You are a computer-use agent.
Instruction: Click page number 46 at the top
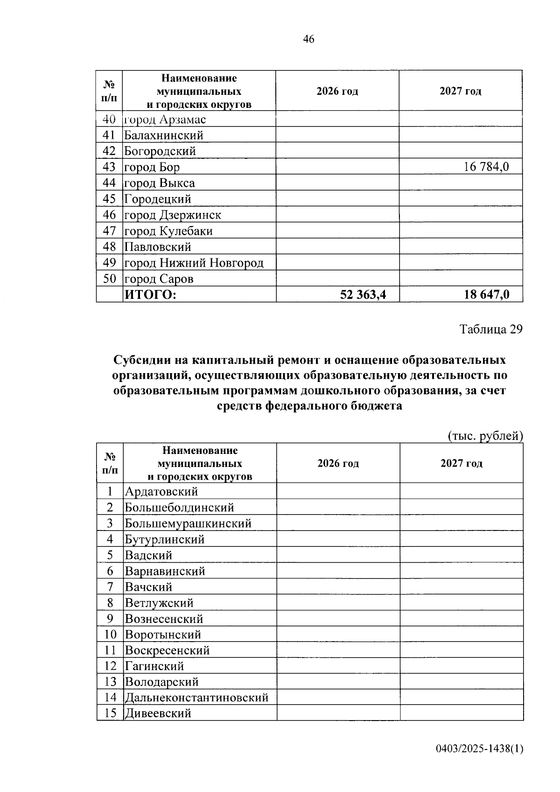coord(308,39)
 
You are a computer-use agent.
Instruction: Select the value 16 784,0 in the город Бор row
coord(486,167)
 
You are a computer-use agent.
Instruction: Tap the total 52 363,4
coord(363,295)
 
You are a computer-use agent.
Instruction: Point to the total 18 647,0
coord(486,295)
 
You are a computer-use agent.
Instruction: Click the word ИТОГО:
coord(150,295)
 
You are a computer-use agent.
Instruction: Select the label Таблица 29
coord(491,329)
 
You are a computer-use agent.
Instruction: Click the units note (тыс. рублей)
coord(485,436)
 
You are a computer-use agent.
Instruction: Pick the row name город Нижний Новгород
coord(194,263)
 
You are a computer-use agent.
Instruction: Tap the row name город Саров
coord(159,279)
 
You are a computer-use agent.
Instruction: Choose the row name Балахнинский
coord(164,135)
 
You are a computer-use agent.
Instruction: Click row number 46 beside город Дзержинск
coord(109,215)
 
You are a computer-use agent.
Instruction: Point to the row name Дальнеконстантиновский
coord(196,698)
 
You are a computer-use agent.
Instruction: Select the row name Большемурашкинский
coord(188,523)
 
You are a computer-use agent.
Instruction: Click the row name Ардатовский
coord(161,492)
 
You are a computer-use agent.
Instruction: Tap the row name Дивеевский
coord(158,714)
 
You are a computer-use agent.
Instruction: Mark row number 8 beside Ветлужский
coord(110,603)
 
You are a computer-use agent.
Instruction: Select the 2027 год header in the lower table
coord(461,463)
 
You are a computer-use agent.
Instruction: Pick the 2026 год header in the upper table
coord(337,91)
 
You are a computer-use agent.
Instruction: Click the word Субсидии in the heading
coord(140,361)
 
